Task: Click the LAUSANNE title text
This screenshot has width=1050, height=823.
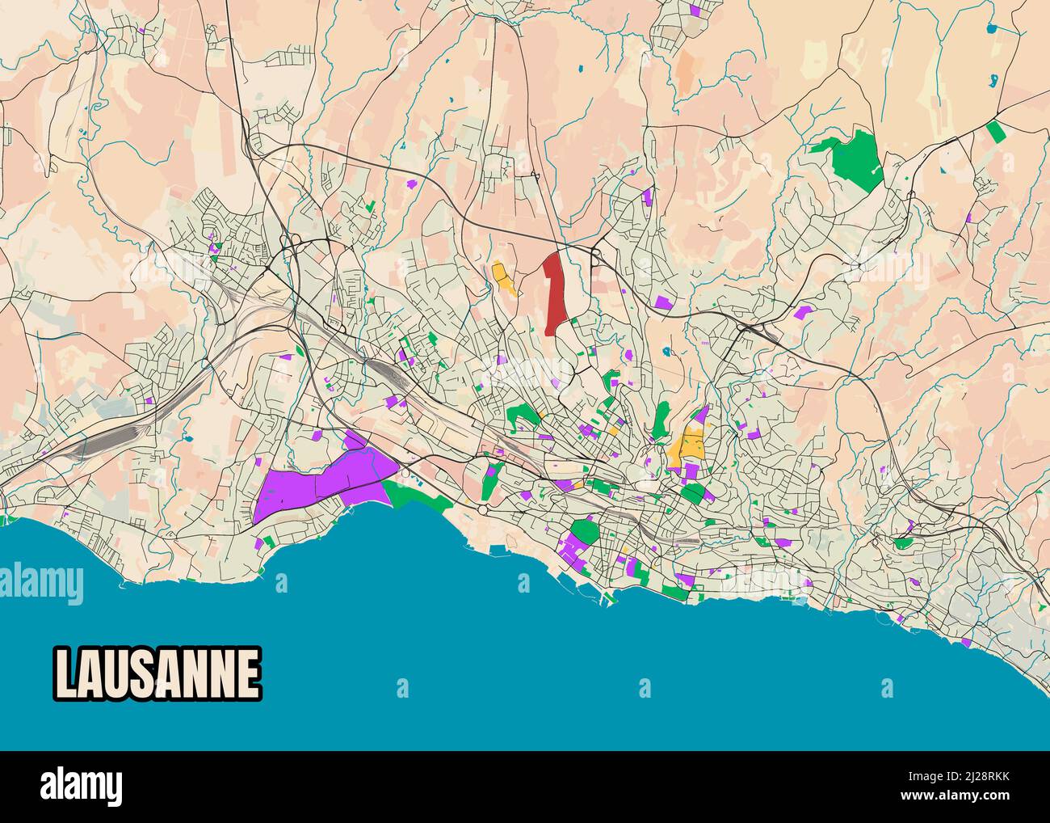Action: [x=157, y=673]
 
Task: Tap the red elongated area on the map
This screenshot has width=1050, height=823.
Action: [x=554, y=293]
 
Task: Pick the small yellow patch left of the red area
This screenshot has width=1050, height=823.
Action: [x=505, y=278]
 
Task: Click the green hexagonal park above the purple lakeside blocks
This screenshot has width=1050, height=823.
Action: [x=585, y=532]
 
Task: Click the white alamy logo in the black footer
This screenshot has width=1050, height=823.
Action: [x=81, y=787]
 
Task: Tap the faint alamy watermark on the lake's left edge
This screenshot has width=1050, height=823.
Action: [x=42, y=582]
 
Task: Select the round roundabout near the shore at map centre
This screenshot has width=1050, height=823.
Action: [x=482, y=511]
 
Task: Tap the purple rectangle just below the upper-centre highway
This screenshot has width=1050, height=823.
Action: [x=662, y=302]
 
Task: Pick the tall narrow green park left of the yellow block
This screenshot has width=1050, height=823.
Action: [x=661, y=419]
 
